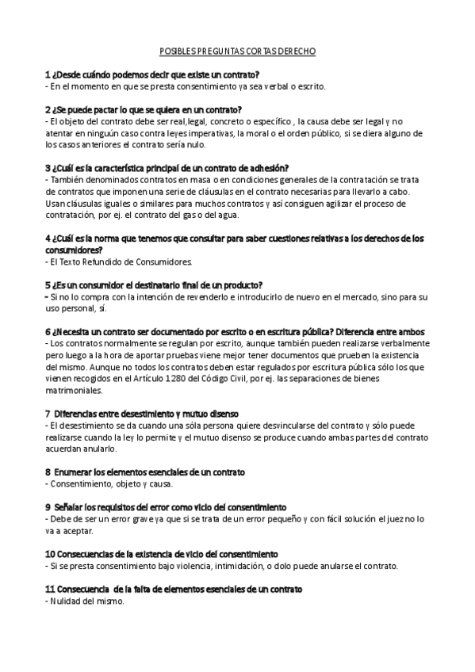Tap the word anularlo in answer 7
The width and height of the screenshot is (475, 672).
[x=97, y=449]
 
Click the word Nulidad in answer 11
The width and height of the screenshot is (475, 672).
[x=67, y=601]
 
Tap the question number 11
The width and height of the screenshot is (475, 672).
[x=50, y=590]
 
